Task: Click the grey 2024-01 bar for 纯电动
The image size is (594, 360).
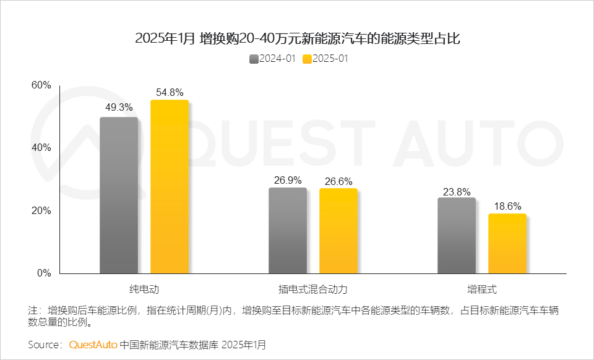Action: coord(119,195)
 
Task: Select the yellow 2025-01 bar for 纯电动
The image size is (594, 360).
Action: coord(170,186)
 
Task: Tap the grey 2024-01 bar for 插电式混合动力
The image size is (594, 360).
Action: coord(288,230)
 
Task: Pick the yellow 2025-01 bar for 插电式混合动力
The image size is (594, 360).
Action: coord(338,231)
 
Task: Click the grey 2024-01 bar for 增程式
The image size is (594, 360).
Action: coord(457,235)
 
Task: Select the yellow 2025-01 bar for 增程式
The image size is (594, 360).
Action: coord(507,243)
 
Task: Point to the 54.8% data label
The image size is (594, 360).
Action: coord(170,92)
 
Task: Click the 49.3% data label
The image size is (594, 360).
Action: coord(119,107)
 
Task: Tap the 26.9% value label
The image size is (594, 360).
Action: coord(288,180)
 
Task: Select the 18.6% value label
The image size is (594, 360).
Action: coord(507,206)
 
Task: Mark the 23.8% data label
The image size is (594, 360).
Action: coord(457,191)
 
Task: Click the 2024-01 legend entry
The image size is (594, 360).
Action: coord(272,59)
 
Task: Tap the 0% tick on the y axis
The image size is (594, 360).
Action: coord(44,273)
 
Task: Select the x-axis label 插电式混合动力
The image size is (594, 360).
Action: coord(313,289)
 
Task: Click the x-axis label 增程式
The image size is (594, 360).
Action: coord(482,289)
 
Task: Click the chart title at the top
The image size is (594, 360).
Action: coord(297,38)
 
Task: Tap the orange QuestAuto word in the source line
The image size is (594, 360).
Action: coord(93,344)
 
